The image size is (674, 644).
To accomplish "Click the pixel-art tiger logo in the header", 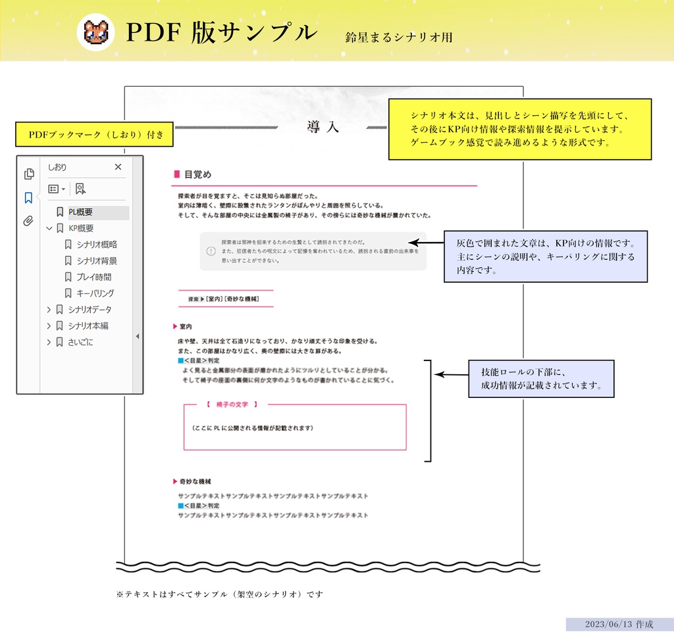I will pyautogui.click(x=96, y=33).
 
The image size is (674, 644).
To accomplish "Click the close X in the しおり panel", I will pyautogui.click(x=118, y=167).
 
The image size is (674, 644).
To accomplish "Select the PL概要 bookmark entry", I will pyautogui.click(x=80, y=212).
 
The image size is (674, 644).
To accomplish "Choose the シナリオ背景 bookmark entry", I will pyautogui.click(x=96, y=260).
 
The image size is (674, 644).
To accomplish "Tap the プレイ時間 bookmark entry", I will pyautogui.click(x=93, y=277).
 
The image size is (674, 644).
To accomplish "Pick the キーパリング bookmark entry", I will pyautogui.click(x=95, y=293).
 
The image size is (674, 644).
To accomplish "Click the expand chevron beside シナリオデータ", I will pyautogui.click(x=49, y=309).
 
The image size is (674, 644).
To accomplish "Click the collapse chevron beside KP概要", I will pyautogui.click(x=49, y=229).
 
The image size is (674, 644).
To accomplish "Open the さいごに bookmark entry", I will pyautogui.click(x=80, y=342).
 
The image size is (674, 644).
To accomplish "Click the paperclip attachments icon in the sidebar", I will pyautogui.click(x=28, y=221).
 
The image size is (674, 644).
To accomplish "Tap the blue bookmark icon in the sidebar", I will pyautogui.click(x=28, y=197).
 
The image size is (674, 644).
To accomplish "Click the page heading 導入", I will pyautogui.click(x=323, y=127).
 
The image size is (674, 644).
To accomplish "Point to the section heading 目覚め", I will pyautogui.click(x=197, y=175).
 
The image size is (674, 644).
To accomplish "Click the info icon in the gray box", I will pyautogui.click(x=211, y=251).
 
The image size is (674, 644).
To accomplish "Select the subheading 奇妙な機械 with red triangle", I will pyautogui.click(x=195, y=482).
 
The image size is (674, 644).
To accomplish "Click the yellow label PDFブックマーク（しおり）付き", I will pyautogui.click(x=95, y=135).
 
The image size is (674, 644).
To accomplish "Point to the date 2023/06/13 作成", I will pyautogui.click(x=619, y=624).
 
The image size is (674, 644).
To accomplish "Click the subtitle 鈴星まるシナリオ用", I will pyautogui.click(x=399, y=37).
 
